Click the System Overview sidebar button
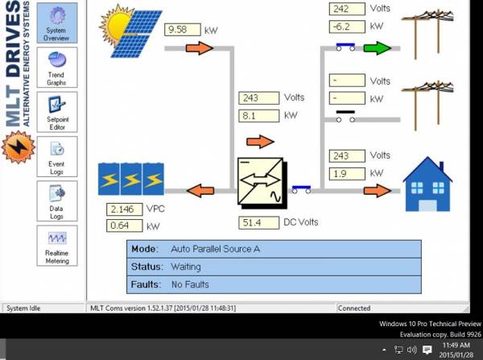tap(57, 23)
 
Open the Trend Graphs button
tap(57, 68)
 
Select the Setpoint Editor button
tap(57, 112)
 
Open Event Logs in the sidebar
tap(57, 156)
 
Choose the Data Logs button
tap(57, 201)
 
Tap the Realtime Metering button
tap(57, 246)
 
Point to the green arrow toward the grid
tap(378, 48)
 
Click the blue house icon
tap(427, 184)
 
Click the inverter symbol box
tap(262, 183)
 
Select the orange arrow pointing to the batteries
tap(200, 191)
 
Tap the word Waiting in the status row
tap(186, 267)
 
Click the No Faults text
tap(190, 284)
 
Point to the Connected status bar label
tap(354, 308)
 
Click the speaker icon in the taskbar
tap(412, 350)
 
